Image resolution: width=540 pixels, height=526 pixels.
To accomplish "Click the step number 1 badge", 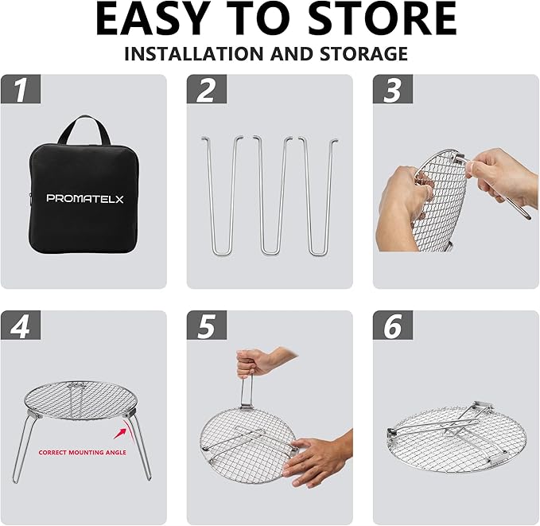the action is [x=21, y=89].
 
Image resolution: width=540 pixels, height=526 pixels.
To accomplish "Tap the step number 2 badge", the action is [x=207, y=89].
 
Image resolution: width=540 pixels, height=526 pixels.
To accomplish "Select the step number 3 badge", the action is [x=393, y=89].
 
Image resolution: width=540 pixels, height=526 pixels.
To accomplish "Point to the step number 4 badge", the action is [x=21, y=325].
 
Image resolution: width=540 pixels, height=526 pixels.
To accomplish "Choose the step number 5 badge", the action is [x=207, y=325].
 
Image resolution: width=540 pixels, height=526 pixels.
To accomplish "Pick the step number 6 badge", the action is [x=393, y=325].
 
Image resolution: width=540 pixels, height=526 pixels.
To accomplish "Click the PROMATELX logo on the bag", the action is [x=85, y=199].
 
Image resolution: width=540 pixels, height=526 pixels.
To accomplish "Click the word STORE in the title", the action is [x=382, y=18].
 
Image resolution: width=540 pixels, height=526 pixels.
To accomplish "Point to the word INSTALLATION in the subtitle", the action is [x=194, y=54].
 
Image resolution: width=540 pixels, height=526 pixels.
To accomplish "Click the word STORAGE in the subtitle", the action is [x=363, y=54].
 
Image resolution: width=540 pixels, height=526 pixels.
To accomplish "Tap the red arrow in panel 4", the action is [x=122, y=431].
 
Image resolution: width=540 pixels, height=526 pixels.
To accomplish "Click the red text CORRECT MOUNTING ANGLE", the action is [x=82, y=452].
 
